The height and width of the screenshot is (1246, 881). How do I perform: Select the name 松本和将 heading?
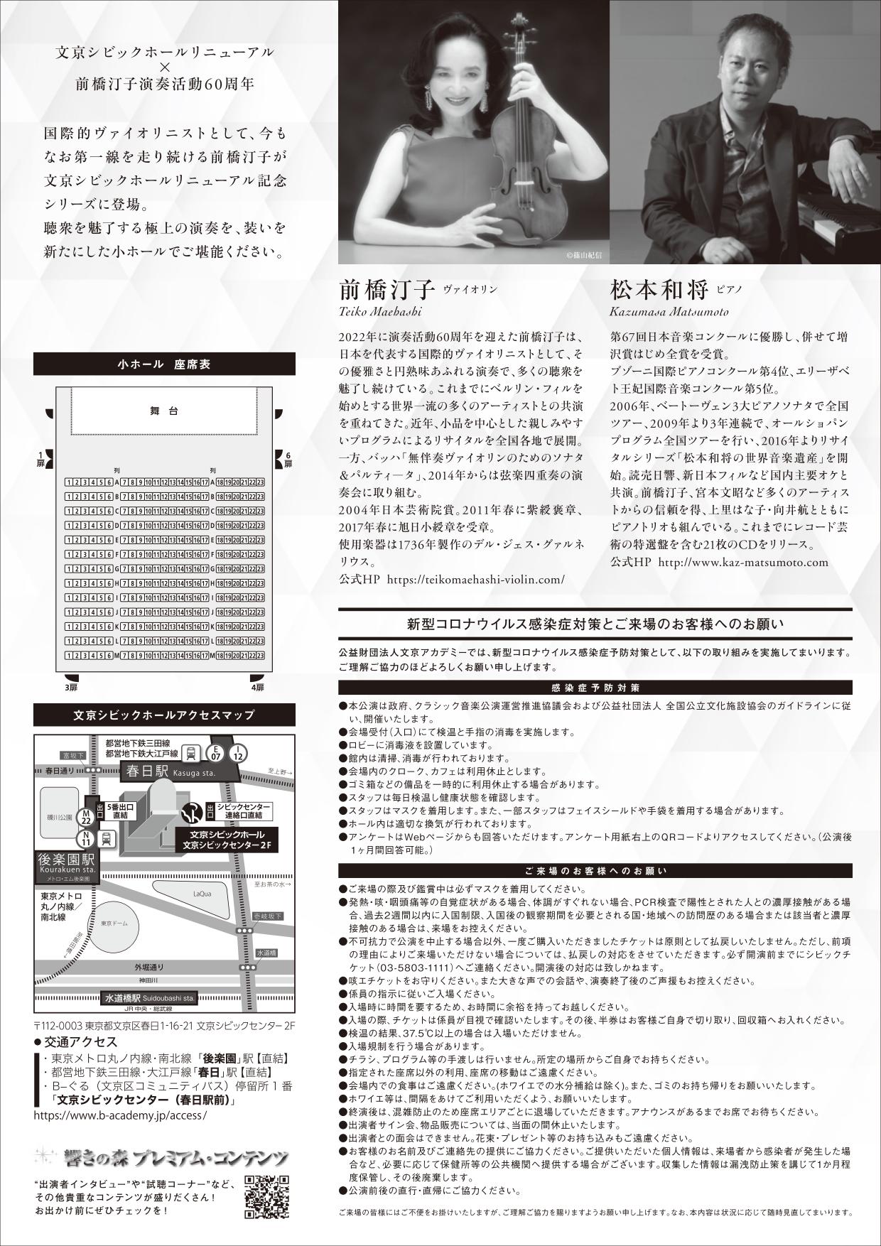point(659,291)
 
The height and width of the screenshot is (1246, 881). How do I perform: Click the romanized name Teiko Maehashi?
point(381,312)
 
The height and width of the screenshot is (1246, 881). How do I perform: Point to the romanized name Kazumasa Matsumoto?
point(669,312)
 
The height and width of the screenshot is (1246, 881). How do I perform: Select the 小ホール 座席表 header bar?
point(164,364)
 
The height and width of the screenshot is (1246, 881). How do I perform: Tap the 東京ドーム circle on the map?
point(114,923)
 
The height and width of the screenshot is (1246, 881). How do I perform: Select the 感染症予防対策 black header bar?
point(595,688)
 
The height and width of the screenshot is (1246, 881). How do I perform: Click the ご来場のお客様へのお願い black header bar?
point(595,870)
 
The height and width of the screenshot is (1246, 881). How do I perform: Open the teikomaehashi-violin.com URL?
point(475,579)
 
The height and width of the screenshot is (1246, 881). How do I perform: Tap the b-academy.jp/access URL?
point(120,1115)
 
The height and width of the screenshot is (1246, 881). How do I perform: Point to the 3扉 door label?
point(71,687)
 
